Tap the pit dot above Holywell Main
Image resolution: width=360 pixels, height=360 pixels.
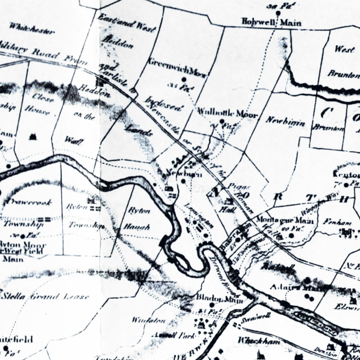[278, 14]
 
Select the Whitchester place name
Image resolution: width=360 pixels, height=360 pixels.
[32, 29]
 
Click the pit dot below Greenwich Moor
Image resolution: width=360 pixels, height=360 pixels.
[184, 80]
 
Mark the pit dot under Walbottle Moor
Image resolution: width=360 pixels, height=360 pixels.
[222, 122]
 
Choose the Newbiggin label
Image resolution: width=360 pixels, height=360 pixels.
[285, 121]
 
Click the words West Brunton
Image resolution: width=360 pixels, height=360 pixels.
[343, 62]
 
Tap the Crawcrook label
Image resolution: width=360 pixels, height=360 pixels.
[27, 202]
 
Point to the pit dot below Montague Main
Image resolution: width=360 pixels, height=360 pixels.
[291, 236]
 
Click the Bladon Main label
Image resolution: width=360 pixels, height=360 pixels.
[219, 298]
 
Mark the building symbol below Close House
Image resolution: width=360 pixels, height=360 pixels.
[33, 136]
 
